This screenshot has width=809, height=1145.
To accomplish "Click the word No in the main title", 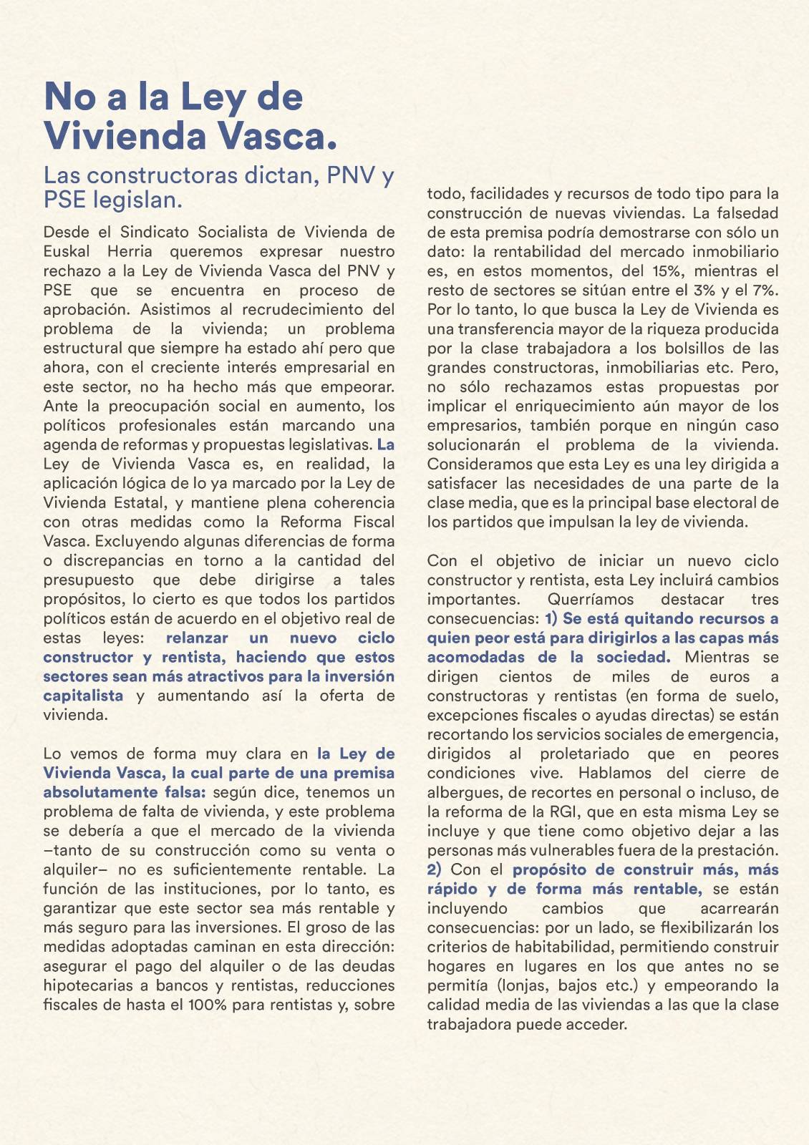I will pos(70,97).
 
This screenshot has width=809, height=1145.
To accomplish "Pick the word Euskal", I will pos(67,251).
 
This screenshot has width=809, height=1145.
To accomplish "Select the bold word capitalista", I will pos(83,696).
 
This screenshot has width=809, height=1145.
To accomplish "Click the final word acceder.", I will pos(595,1024).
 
